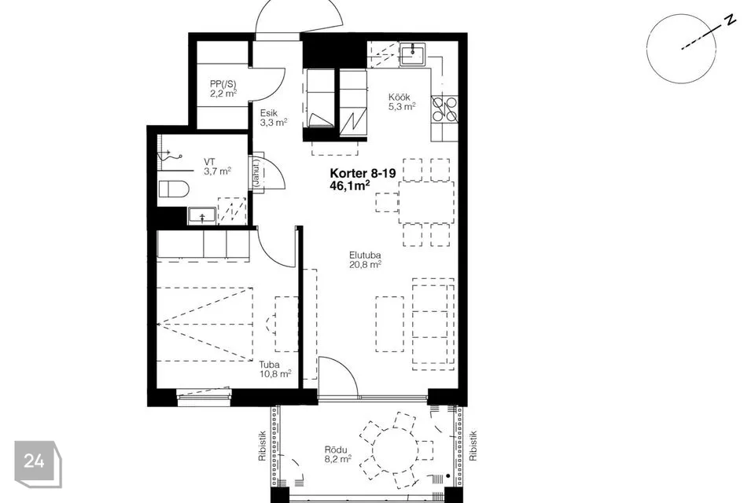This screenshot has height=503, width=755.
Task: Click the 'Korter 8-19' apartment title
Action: pyautogui.click(x=363, y=174)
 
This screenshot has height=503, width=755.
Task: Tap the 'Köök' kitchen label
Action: pyautogui.click(x=400, y=97)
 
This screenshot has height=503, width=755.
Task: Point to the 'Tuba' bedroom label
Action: pyautogui.click(x=269, y=365)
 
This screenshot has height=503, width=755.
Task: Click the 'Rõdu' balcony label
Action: pyautogui.click(x=336, y=450)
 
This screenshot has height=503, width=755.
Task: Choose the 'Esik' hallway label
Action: pyautogui.click(x=269, y=113)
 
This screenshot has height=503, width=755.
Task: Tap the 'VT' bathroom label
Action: pyautogui.click(x=209, y=162)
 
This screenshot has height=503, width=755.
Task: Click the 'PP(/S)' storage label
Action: pyautogui.click(x=223, y=83)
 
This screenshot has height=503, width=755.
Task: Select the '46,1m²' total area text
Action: pyautogui.click(x=349, y=185)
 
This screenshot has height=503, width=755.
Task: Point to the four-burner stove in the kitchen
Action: pyautogui.click(x=444, y=108)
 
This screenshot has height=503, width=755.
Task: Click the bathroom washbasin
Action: pyautogui.click(x=202, y=215)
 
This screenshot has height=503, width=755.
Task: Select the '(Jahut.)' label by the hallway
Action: pyautogui.click(x=256, y=173)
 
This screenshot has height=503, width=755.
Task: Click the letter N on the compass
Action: pyautogui.click(x=731, y=20)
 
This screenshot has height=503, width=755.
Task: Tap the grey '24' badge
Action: pyautogui.click(x=34, y=461)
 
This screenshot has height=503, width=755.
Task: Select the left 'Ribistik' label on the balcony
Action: pyautogui.click(x=263, y=446)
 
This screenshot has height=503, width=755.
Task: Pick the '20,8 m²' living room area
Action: pyautogui.click(x=366, y=264)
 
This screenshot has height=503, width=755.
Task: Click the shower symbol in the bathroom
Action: pyautogui.click(x=170, y=155)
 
